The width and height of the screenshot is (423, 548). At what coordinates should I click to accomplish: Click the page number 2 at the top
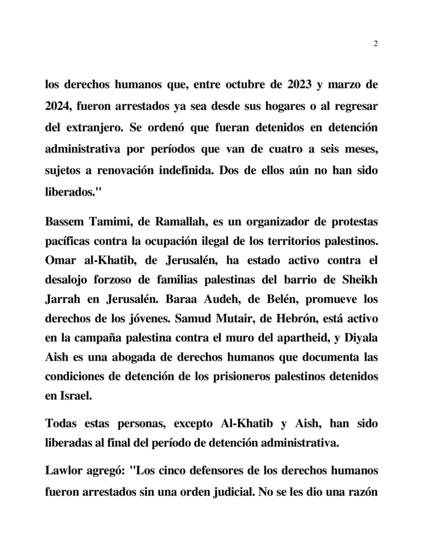click(375, 44)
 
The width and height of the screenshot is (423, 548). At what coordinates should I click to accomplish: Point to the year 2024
click(58, 106)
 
